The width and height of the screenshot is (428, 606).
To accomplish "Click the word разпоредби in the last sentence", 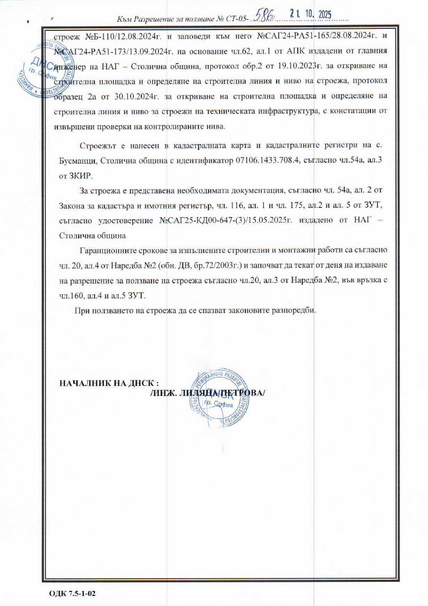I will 292,310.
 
